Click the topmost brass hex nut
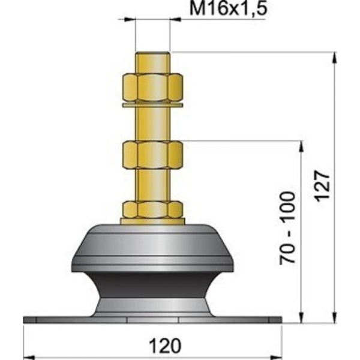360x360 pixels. tap(152, 88)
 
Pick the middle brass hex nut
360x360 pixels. tap(152, 154)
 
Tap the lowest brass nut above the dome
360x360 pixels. tap(152, 209)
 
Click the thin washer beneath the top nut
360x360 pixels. tap(152, 105)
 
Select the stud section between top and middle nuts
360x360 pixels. tap(152, 123)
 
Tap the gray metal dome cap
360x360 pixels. tap(152, 246)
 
